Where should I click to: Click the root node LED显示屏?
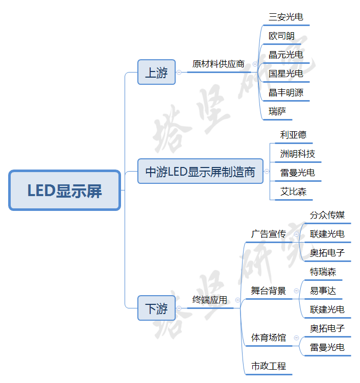point(65,191)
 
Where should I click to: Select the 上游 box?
point(156,73)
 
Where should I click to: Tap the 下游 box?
point(156,308)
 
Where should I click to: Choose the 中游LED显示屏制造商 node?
point(200,172)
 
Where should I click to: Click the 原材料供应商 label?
point(218,64)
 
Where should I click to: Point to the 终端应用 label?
point(209,300)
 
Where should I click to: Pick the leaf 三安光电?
point(285,17)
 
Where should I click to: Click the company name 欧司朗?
point(281,36)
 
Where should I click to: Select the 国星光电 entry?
point(285,74)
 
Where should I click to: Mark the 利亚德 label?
point(293,135)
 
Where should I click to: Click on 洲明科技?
point(297,154)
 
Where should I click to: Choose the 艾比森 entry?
point(293,192)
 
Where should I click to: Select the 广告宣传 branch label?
point(268,234)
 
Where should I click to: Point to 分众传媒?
point(327,215)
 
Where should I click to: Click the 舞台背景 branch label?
point(268,291)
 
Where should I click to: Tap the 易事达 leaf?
point(323,291)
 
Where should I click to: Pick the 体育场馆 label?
point(268,338)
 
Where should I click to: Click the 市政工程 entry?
point(268,366)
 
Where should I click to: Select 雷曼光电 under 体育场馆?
point(327,348)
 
